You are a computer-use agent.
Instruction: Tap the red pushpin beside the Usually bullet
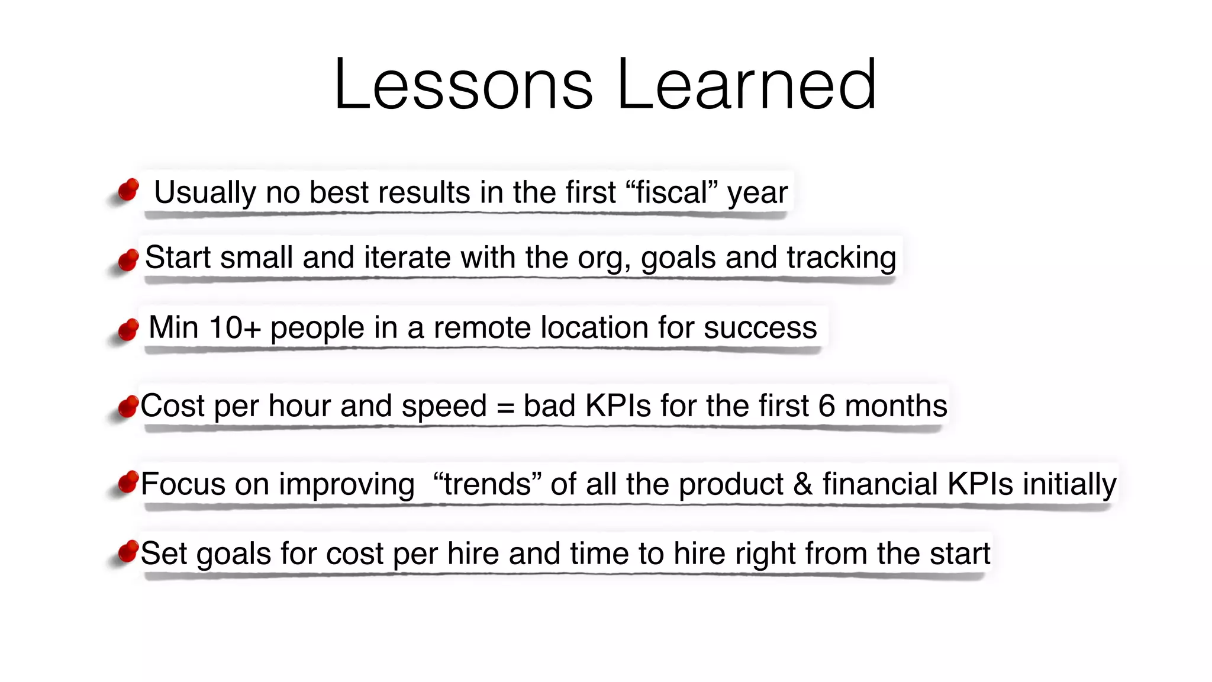128,190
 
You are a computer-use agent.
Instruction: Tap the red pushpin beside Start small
128,259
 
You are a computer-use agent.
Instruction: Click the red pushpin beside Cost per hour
128,406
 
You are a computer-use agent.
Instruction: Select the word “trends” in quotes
487,484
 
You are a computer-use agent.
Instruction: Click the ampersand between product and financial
803,484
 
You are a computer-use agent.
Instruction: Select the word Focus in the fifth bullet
183,484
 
